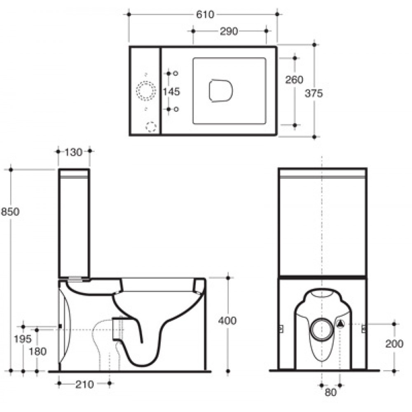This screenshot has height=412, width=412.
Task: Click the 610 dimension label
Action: [x=205, y=14]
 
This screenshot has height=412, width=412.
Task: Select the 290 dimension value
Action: [x=229, y=31]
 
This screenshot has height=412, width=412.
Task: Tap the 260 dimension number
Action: [x=294, y=80]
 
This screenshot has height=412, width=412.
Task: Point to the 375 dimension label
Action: [x=314, y=93]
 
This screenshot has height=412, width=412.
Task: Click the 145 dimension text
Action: [x=171, y=92]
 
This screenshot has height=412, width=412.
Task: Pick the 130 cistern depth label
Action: [x=73, y=152]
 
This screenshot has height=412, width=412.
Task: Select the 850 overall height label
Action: [x=10, y=211]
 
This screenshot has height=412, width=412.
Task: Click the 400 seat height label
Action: [x=227, y=321]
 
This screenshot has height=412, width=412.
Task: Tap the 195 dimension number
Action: [x=23, y=339]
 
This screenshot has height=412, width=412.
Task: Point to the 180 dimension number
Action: [x=37, y=351]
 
